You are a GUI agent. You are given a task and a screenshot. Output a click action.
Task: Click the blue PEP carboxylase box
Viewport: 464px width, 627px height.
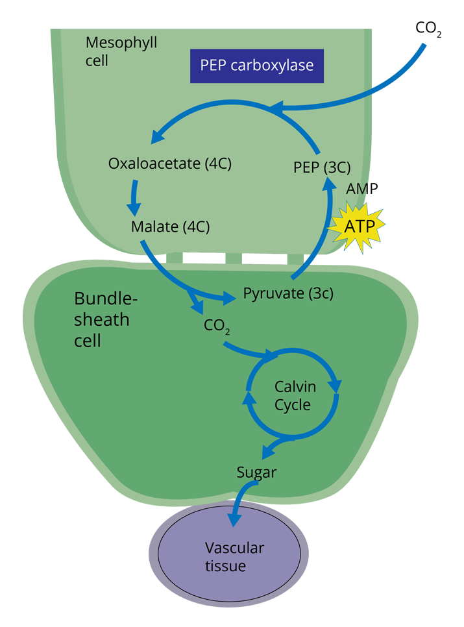(256, 66)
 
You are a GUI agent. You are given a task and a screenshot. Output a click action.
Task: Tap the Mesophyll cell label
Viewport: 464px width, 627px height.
(121, 52)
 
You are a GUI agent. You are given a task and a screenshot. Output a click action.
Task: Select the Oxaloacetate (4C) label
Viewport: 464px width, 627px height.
(170, 163)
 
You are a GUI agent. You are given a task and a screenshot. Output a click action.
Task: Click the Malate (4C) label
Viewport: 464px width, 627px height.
(170, 227)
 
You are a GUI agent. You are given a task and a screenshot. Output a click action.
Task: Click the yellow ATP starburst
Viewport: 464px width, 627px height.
(358, 225)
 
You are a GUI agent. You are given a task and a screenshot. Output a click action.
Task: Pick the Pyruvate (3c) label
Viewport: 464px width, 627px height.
(288, 293)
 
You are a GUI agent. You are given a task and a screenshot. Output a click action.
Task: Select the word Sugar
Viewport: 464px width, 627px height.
(256, 473)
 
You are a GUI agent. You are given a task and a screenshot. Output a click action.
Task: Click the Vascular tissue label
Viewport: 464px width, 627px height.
(234, 557)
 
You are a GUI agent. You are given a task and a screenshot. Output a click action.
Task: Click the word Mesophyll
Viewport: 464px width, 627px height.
(121, 43)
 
